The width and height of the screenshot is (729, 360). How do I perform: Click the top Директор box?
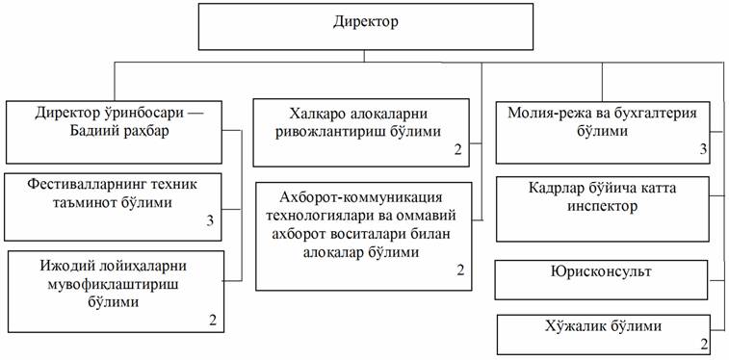[x=365, y=27]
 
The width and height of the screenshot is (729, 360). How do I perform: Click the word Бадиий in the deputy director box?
[x=91, y=131]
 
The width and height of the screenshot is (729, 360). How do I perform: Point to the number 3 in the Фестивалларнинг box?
[x=210, y=220]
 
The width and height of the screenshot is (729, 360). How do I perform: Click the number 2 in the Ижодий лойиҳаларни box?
[x=213, y=321]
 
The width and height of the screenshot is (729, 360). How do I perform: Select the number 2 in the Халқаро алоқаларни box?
[x=458, y=149]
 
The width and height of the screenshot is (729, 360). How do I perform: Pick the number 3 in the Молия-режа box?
[x=703, y=149]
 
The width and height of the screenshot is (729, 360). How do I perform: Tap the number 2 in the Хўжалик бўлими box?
[x=704, y=345]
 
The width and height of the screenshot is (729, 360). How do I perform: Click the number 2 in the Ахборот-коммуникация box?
[x=459, y=270]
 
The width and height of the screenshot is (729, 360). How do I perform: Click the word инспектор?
[x=602, y=206]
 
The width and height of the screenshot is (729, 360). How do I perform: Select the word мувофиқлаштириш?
[x=113, y=284]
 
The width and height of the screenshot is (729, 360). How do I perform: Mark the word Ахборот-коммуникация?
[x=360, y=197]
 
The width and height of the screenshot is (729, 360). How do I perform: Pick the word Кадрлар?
[x=552, y=189]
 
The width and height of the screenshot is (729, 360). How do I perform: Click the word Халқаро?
[x=317, y=114]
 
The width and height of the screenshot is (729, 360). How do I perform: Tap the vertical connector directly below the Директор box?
[x=364, y=56]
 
